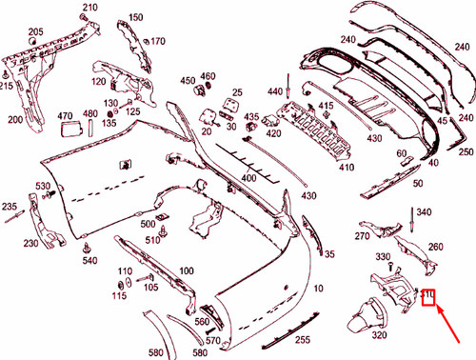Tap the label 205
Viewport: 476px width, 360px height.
coord(36,32)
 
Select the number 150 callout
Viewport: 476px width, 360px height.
coord(135,17)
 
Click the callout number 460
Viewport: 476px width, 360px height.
coord(208,75)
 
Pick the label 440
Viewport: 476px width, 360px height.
coord(276,90)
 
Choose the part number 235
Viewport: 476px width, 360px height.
coord(10,206)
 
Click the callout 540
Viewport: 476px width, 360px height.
coord(89,260)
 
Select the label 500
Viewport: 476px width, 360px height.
coord(148,224)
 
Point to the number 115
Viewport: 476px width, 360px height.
coord(118,297)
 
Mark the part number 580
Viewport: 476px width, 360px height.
coord(155,352)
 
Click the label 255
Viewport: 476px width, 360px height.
coord(301,339)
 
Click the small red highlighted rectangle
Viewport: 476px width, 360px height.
coord(428,301)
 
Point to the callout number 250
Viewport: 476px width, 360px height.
coord(466,151)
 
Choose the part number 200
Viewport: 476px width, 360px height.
coord(15,120)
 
